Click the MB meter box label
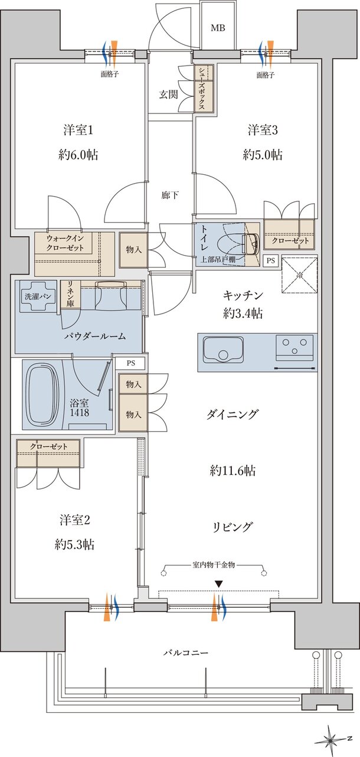[x=218, y=28]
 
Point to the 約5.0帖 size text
[x=262, y=155]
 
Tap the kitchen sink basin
[x=222, y=351]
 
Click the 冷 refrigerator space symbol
[x=299, y=275]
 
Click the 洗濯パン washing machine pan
[x=36, y=296]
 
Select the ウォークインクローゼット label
[x=65, y=243]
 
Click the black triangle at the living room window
[x=219, y=584]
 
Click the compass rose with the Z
[x=333, y=739]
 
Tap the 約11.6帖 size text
[x=232, y=471]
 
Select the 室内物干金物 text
[x=214, y=565]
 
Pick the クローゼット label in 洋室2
[x=47, y=445]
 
